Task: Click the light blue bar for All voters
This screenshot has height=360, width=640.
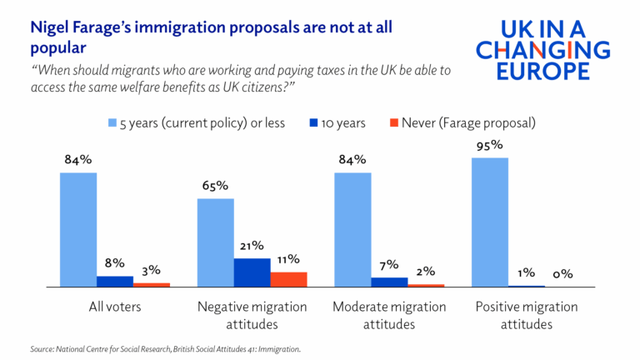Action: point(78,229)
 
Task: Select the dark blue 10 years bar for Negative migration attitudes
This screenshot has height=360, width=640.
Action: point(252,272)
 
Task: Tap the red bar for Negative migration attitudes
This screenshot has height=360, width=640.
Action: point(288,279)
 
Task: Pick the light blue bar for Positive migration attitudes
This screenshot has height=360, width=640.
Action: point(490,222)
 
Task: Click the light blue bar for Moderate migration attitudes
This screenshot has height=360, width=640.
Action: point(352,229)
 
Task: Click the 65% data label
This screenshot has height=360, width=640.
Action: point(215,186)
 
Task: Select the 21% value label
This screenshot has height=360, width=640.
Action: point(252,246)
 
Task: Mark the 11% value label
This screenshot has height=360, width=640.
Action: point(288,259)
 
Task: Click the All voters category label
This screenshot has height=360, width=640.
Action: point(115,307)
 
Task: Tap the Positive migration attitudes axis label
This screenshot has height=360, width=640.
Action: point(527,315)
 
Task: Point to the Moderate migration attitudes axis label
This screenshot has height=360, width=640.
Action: point(389,315)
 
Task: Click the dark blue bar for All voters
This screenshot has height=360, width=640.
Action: point(115,281)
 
